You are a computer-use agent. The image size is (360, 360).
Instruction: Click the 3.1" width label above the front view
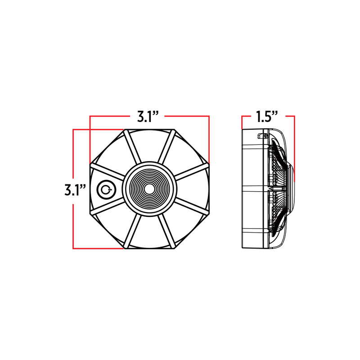pyautogui.click(x=149, y=118)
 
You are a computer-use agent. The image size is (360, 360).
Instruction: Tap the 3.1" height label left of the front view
pyautogui.click(x=75, y=190)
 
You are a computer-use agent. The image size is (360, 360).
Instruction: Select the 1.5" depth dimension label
pyautogui.click(x=267, y=118)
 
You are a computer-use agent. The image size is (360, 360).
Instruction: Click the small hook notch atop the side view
pyautogui.click(x=261, y=135)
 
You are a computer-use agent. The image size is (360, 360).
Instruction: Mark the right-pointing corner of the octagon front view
pyautogui.click(x=210, y=189)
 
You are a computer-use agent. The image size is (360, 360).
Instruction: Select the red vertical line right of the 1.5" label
pyautogui.click(x=294, y=148)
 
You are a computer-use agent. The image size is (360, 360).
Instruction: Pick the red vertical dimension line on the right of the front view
pyautogui.click(x=209, y=139)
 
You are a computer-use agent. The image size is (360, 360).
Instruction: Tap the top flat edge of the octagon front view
pyautogui.click(x=149, y=130)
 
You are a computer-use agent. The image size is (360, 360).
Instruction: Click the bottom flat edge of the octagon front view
pyautogui.click(x=149, y=248)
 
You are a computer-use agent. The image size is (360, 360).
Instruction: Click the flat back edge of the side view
pyautogui.click(x=243, y=189)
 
